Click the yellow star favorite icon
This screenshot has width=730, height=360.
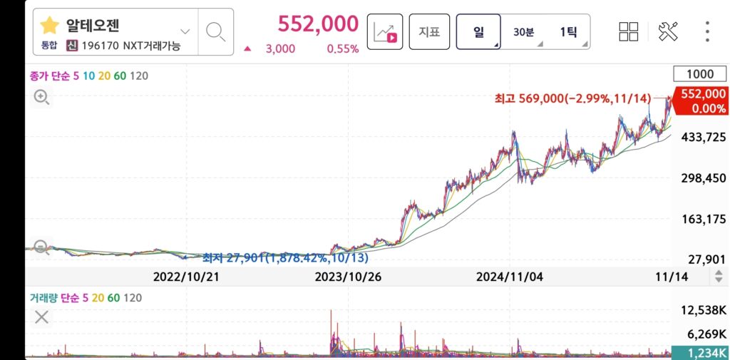tap(49, 26)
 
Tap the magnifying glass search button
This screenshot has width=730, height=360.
tap(215, 31)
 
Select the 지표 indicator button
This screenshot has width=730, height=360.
tap(429, 31)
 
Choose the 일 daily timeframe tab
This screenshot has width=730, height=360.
tap(478, 31)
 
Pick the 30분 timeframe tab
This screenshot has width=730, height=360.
tap(523, 31)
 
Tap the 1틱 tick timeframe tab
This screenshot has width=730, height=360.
tap(567, 31)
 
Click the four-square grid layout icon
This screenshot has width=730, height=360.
tap(629, 31)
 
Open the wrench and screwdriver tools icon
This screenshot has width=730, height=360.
tap(668, 31)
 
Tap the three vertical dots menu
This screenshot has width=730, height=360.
tap(707, 31)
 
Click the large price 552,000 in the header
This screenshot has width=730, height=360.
tap(318, 24)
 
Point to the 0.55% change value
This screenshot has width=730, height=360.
tap(343, 49)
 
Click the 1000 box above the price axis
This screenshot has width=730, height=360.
tap(699, 74)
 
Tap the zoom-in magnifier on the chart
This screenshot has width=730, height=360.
tap(41, 98)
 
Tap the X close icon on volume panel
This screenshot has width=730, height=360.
tap(41, 317)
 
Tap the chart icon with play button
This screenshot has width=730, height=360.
tap(385, 31)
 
